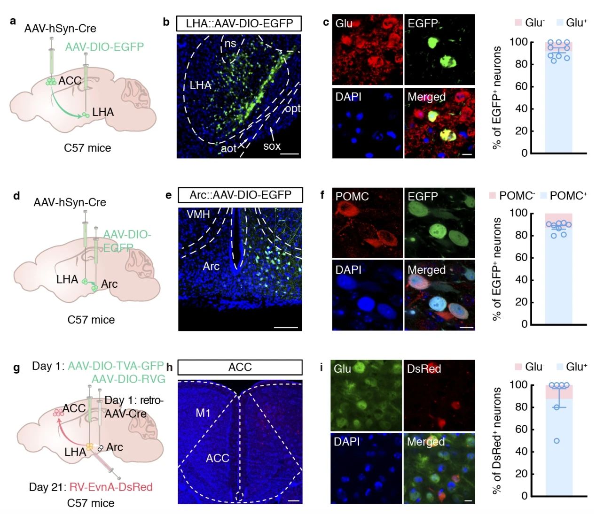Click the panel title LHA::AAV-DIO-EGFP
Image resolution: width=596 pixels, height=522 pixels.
tap(239, 23)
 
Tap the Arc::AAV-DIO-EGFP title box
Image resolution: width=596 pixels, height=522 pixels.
tap(240, 195)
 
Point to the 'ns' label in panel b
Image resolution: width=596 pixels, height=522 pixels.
tap(230, 44)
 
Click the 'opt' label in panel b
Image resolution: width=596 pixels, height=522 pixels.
tap(292, 109)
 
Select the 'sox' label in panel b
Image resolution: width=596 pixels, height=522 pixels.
tap(272, 146)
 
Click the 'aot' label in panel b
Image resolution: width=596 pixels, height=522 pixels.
tap(229, 148)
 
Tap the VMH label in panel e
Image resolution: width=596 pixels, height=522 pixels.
tap(198, 215)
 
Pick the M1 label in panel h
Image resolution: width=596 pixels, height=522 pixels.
tap(203, 413)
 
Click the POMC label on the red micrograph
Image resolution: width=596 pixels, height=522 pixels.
tap(352, 196)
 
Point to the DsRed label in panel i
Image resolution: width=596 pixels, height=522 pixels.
tap(424, 369)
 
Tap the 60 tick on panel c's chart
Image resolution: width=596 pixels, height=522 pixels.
tap(520, 86)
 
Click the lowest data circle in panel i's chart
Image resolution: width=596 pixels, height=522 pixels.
tap(557, 441)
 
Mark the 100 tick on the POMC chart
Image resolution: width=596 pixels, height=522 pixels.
tap(518, 213)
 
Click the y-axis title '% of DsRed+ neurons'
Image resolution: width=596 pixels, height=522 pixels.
tap(496, 440)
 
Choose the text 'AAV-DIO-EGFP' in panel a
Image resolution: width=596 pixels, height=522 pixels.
tap(104, 47)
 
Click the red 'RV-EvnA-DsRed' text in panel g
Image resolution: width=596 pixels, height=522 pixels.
tap(111, 487)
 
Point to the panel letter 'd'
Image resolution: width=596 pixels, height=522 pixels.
tap(16, 196)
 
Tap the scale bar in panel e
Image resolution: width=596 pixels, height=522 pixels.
tap(286, 327)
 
